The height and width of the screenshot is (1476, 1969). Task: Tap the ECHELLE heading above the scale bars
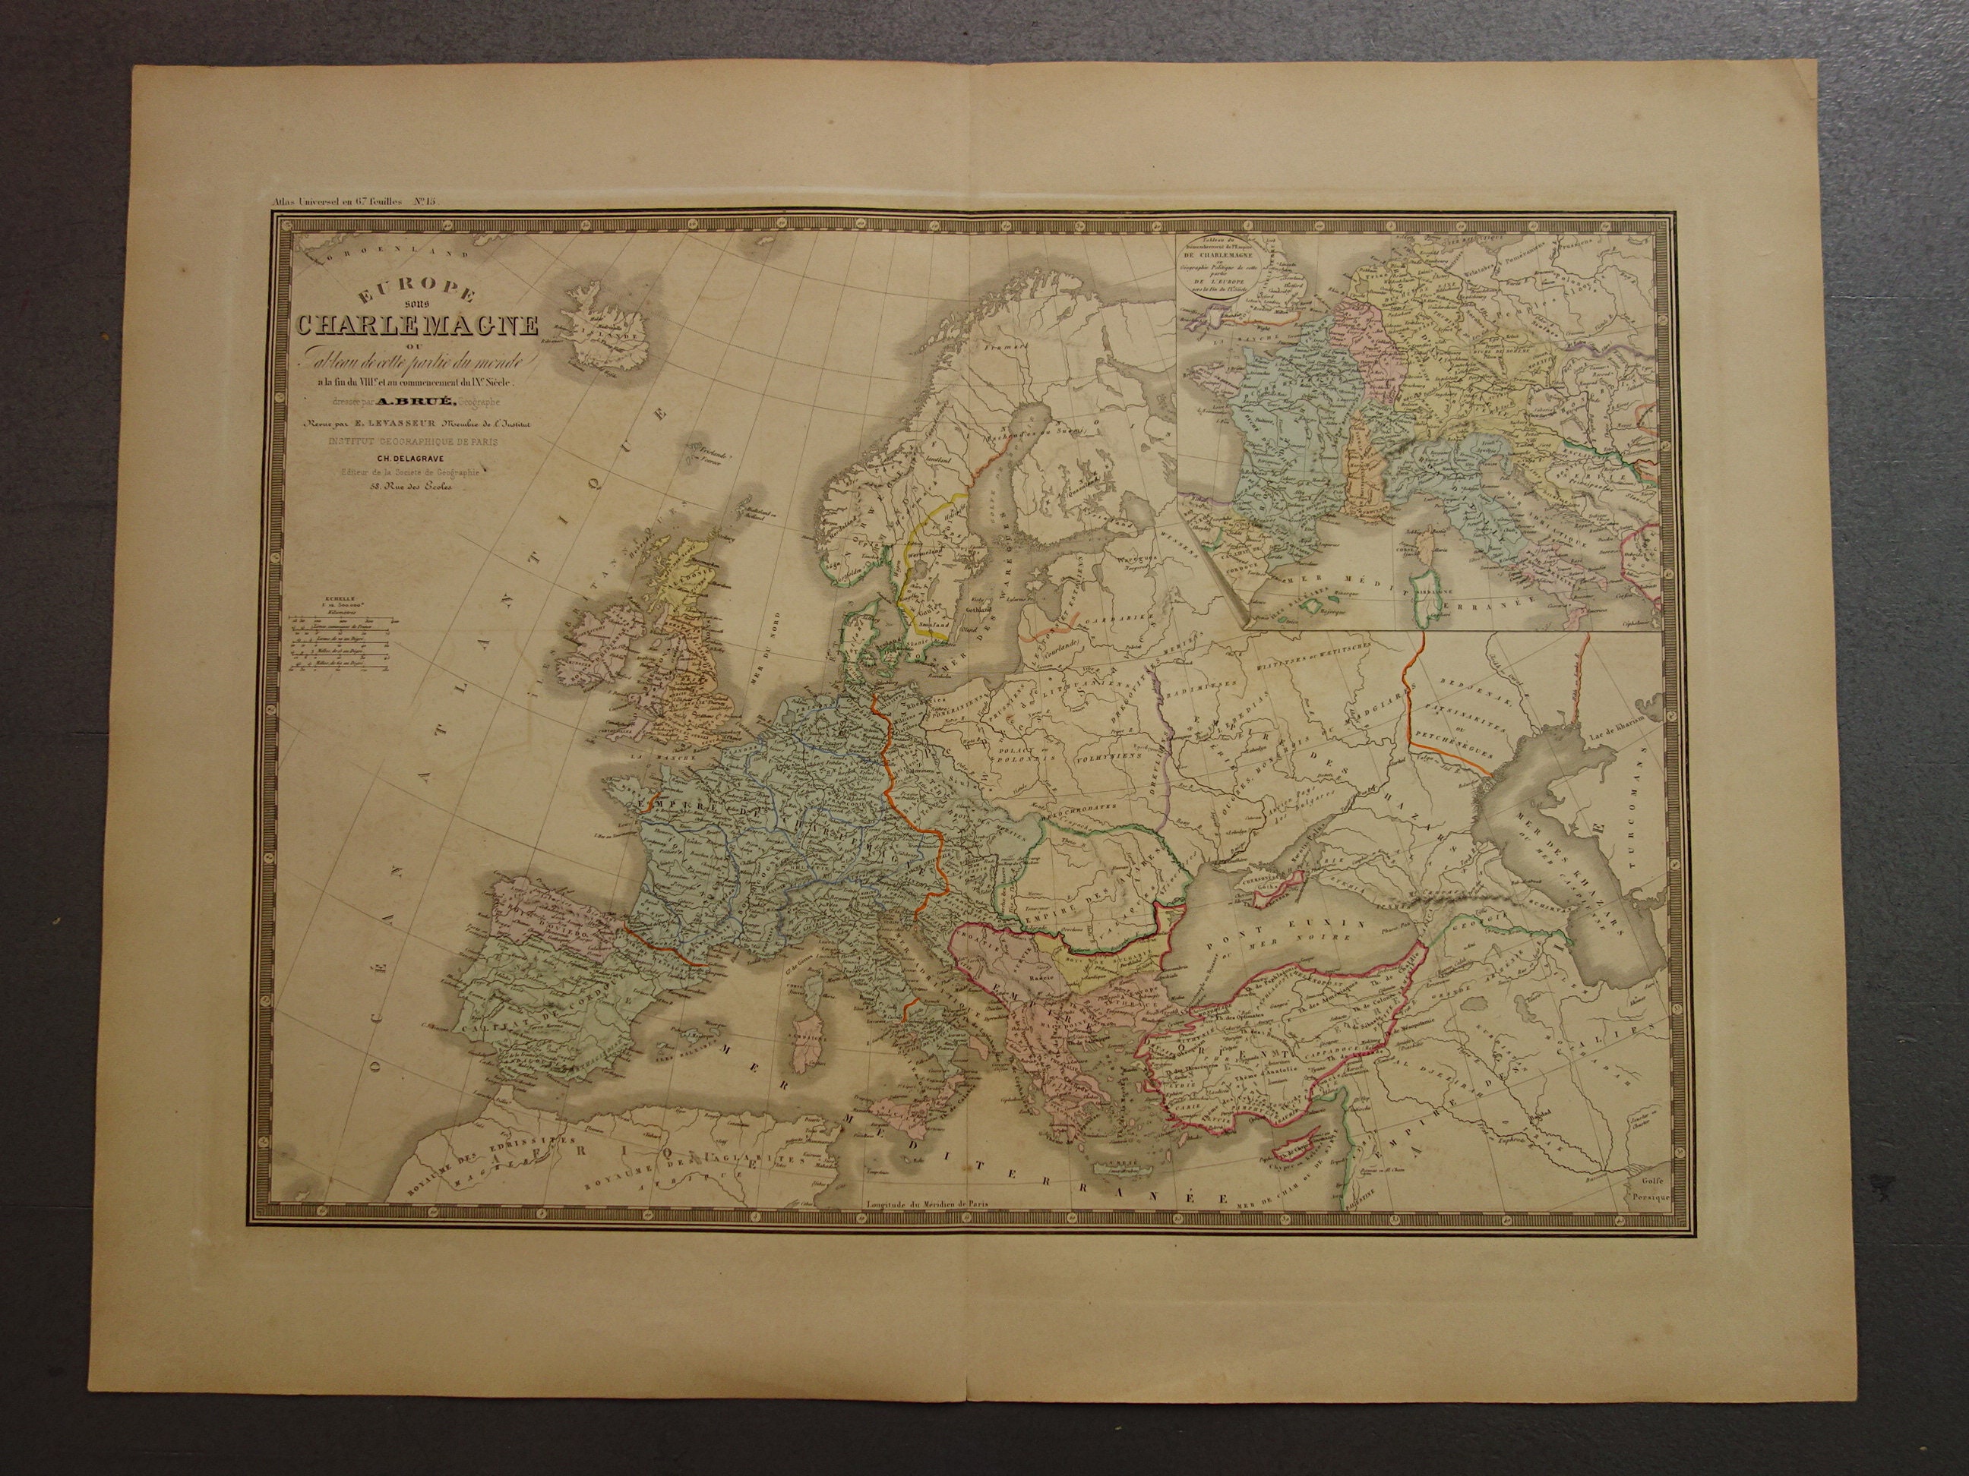click(316, 600)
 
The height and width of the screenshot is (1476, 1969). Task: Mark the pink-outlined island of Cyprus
click(1296, 1154)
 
